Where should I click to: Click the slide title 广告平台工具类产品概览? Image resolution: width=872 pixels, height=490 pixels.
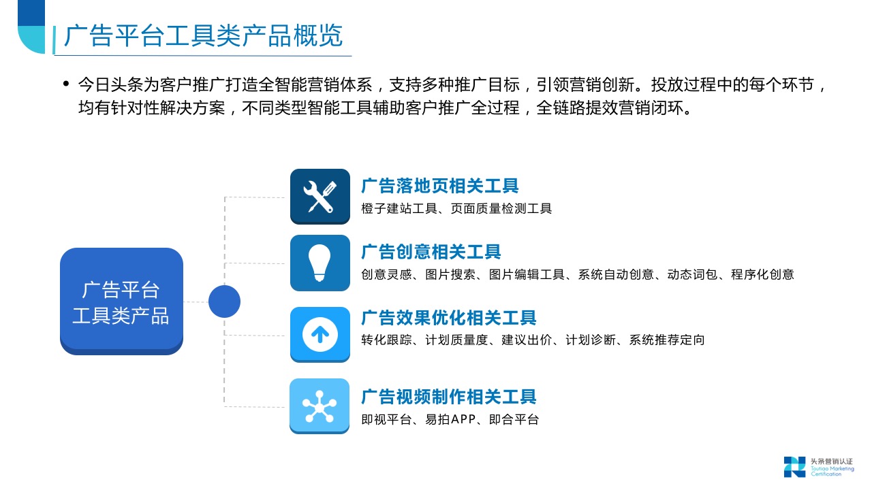203,36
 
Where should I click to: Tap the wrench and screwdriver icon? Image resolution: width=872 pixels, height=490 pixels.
320,197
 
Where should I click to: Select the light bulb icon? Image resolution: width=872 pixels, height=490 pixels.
320,263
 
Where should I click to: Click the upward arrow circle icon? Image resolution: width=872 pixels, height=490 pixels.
320,334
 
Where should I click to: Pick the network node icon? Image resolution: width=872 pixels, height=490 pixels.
320,406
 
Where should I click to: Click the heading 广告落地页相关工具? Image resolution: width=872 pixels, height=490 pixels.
440,186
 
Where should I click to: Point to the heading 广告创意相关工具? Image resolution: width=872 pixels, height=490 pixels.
431,252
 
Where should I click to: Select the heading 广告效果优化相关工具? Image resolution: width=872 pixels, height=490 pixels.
449,318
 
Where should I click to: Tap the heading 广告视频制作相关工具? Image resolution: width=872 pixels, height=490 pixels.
449,397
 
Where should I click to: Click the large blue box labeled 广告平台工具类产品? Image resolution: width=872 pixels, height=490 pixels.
121,301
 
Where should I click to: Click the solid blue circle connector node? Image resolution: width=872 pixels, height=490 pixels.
224,301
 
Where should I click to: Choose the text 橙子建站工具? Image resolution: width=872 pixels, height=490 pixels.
399,209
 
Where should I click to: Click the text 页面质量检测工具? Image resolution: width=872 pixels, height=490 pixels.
501,209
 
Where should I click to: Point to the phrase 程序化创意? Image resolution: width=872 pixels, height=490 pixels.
762,274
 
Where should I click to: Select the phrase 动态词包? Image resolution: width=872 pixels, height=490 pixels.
692,274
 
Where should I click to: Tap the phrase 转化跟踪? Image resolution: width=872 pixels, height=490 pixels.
386,340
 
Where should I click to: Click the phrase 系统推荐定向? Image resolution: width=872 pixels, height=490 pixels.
667,340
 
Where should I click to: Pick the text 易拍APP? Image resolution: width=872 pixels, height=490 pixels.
450,419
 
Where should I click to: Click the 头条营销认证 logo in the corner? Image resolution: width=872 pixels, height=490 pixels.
818,467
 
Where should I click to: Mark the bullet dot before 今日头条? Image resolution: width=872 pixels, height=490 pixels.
66,83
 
